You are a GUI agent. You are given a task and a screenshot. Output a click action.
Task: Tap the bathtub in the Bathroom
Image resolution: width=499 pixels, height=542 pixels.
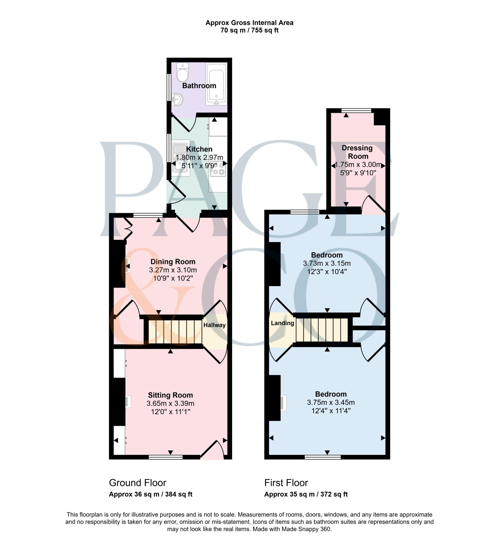tap(216, 84)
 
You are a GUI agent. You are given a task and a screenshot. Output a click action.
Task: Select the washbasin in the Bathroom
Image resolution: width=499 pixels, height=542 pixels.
tap(177, 99)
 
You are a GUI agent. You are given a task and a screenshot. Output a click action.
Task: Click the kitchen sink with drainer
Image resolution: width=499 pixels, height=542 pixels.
tap(181, 158)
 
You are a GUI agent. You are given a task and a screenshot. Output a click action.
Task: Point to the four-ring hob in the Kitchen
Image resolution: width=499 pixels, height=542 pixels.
tap(218, 169)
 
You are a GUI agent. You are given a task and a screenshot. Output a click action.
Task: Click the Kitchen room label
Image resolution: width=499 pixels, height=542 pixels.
tap(199, 149)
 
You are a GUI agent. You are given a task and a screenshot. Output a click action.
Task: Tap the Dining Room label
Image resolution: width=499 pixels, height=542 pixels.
tap(173, 261)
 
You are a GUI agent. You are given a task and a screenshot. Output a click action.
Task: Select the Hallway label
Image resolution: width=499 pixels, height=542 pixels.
tap(214, 325)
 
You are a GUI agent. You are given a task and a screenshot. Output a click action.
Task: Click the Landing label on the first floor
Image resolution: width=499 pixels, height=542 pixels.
tap(282, 323)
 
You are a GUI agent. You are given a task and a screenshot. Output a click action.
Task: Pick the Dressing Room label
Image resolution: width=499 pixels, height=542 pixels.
tap(357, 152)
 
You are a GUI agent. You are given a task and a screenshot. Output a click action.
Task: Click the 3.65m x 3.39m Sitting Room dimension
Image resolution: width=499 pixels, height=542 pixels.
tap(170, 403)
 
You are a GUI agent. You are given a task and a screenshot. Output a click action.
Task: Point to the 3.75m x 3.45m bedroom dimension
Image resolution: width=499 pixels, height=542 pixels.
tap(331, 402)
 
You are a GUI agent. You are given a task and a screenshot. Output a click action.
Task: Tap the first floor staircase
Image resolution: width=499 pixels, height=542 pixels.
tap(322, 330)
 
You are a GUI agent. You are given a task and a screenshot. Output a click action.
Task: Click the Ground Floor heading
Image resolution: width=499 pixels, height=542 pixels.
tap(137, 483)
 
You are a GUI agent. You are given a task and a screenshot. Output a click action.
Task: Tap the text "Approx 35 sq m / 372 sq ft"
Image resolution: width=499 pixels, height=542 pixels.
tap(306, 494)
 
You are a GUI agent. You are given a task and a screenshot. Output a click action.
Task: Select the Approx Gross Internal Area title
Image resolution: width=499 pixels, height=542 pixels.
tap(249, 23)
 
